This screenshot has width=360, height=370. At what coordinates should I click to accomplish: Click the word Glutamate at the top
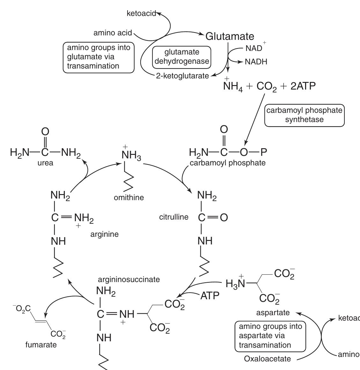(x=230, y=36)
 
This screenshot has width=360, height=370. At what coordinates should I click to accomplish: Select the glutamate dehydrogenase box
(x=182, y=57)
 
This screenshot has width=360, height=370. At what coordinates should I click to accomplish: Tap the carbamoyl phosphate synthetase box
(x=304, y=115)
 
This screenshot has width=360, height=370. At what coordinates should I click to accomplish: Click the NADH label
(x=256, y=62)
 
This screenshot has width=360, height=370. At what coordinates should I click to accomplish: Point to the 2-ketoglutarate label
(x=182, y=76)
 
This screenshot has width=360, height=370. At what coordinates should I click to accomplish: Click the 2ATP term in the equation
(x=303, y=86)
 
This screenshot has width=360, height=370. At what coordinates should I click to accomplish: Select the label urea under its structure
(x=45, y=163)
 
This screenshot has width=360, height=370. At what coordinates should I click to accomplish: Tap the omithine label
(x=129, y=198)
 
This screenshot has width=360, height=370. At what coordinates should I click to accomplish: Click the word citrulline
(x=174, y=217)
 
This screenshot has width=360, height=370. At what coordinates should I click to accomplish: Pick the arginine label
(x=104, y=234)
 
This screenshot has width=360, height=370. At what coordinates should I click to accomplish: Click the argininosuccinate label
(x=129, y=279)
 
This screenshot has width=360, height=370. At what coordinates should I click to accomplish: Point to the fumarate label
(x=41, y=345)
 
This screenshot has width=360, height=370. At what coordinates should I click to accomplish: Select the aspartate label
(x=273, y=313)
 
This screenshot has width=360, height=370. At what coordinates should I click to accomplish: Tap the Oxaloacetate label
(x=267, y=359)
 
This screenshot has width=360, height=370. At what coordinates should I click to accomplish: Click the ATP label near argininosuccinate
(x=210, y=296)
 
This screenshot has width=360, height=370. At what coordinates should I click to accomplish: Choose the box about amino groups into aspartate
(x=270, y=336)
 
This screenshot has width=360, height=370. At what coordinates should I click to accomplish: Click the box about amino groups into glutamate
(x=99, y=57)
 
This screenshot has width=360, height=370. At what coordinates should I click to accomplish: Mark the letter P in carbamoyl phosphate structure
(x=264, y=152)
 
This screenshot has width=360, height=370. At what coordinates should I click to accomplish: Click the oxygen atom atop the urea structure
(x=45, y=132)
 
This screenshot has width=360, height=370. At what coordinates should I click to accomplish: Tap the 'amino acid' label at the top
(x=113, y=33)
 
